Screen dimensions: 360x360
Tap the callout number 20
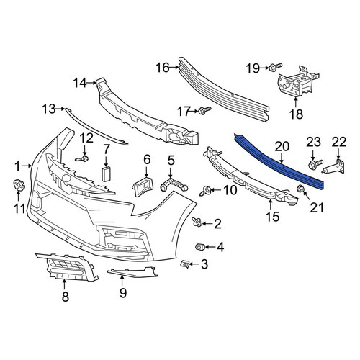[x=282, y=146]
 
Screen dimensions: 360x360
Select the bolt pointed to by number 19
[x=276, y=67]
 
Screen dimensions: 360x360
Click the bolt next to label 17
[x=204, y=111]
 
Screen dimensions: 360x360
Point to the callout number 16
[x=163, y=68]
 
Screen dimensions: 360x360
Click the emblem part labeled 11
[x=19, y=186]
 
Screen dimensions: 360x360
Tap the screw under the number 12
[x=82, y=158]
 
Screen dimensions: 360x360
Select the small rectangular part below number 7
[x=106, y=174]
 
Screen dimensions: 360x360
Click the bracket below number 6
[x=143, y=186]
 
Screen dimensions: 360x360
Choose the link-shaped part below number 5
[x=174, y=185]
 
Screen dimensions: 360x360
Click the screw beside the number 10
[x=205, y=191]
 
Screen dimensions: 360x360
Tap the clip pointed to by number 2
[x=197, y=222]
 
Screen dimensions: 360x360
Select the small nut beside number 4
[x=200, y=246]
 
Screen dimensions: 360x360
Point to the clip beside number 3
[x=185, y=264]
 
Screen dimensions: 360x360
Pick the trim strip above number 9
[x=132, y=272]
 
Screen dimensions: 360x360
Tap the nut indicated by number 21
[x=300, y=189]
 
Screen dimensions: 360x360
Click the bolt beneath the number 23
[x=315, y=164]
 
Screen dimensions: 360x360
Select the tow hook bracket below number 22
[x=334, y=168]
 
